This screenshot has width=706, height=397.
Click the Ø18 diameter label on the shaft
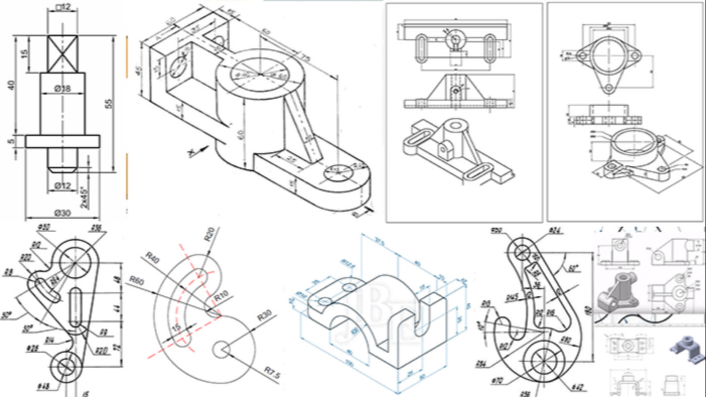click(x=62, y=89)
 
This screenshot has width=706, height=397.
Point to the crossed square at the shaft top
click(x=63, y=53)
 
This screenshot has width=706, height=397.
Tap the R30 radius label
click(x=265, y=317)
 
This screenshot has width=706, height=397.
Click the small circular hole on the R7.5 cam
click(x=221, y=349)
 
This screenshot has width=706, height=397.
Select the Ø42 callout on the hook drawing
click(x=578, y=387)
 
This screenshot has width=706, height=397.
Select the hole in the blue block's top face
click(x=349, y=287)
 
